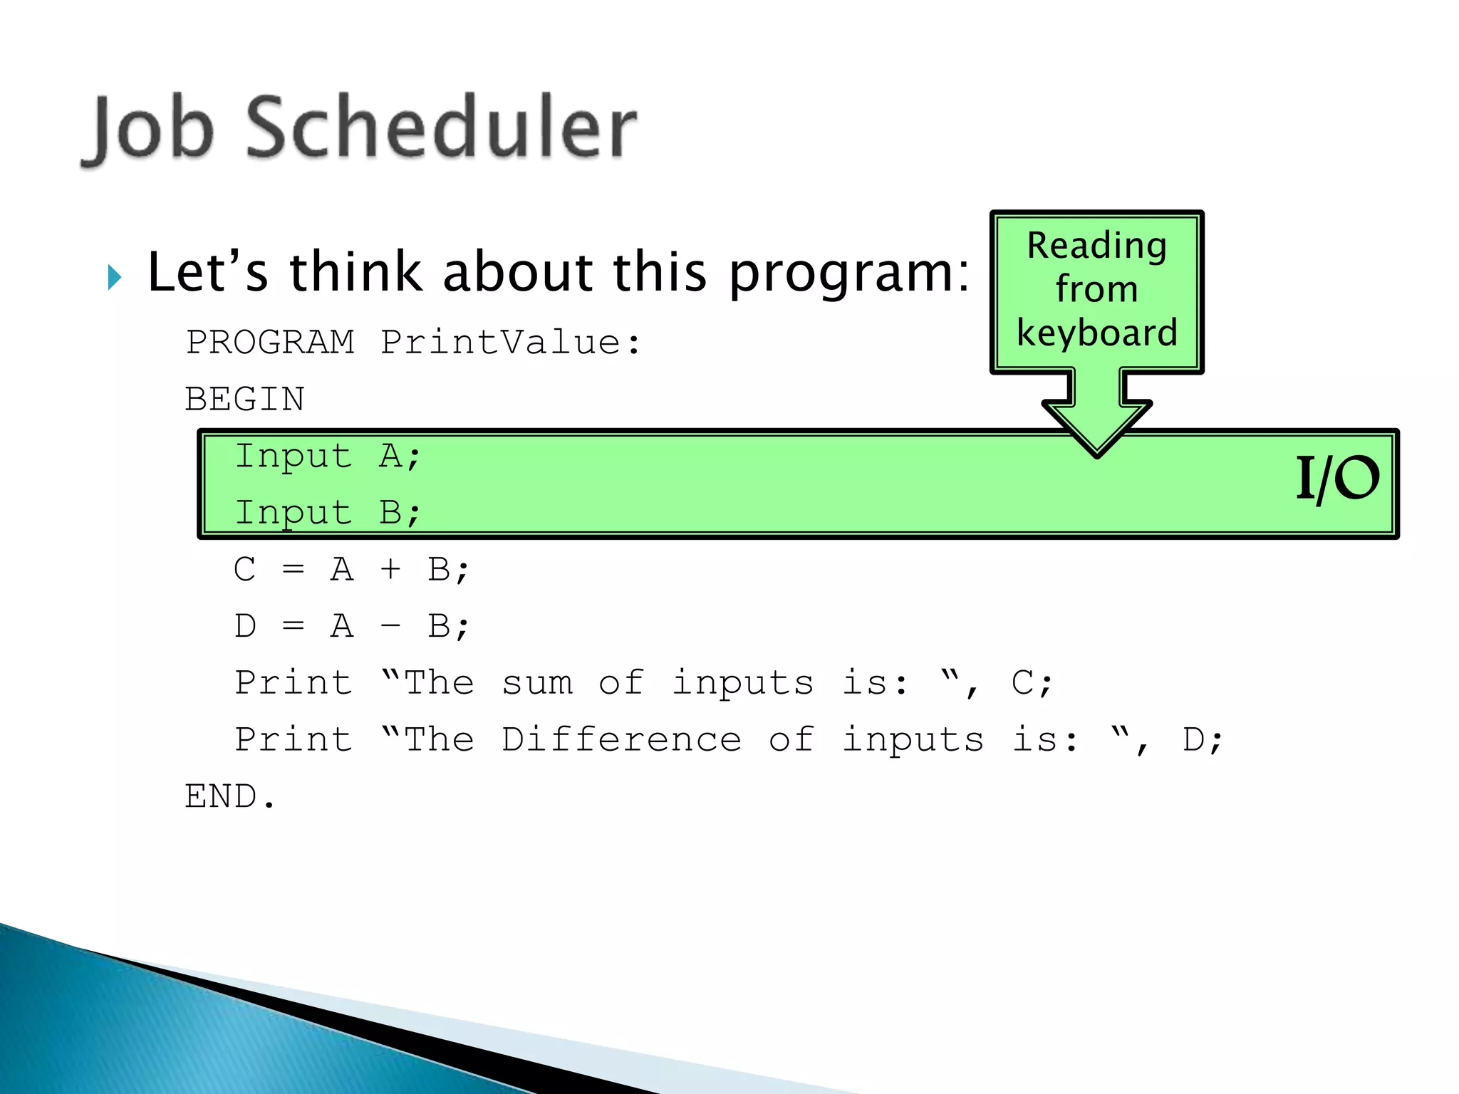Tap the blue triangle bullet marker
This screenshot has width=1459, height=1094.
114,277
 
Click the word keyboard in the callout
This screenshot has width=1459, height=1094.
1096,333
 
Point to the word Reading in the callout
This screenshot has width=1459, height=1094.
1096,246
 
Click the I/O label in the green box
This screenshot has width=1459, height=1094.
1336,479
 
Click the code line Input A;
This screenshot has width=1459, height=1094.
328,456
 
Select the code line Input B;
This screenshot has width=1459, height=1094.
328,513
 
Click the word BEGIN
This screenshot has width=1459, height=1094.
245,399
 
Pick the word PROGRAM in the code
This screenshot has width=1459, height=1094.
270,342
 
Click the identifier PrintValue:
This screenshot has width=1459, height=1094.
510,342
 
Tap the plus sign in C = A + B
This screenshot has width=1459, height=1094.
390,569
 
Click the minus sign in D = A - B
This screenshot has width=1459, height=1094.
390,626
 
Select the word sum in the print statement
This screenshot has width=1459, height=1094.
537,683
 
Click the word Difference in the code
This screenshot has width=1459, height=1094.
621,739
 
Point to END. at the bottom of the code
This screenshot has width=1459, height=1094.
229,796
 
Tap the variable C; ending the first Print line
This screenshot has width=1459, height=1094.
1031,683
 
